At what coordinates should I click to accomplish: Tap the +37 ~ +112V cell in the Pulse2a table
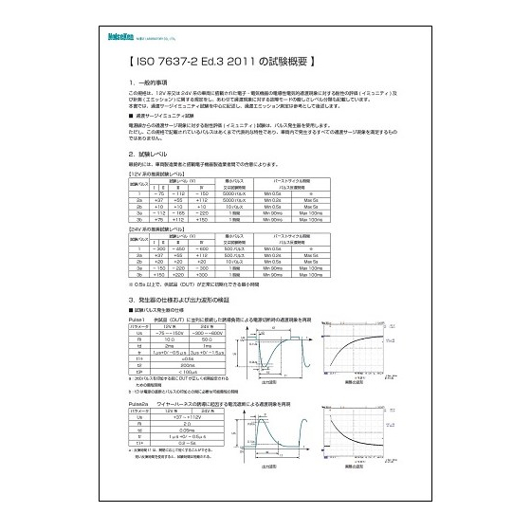[x=188, y=417]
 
